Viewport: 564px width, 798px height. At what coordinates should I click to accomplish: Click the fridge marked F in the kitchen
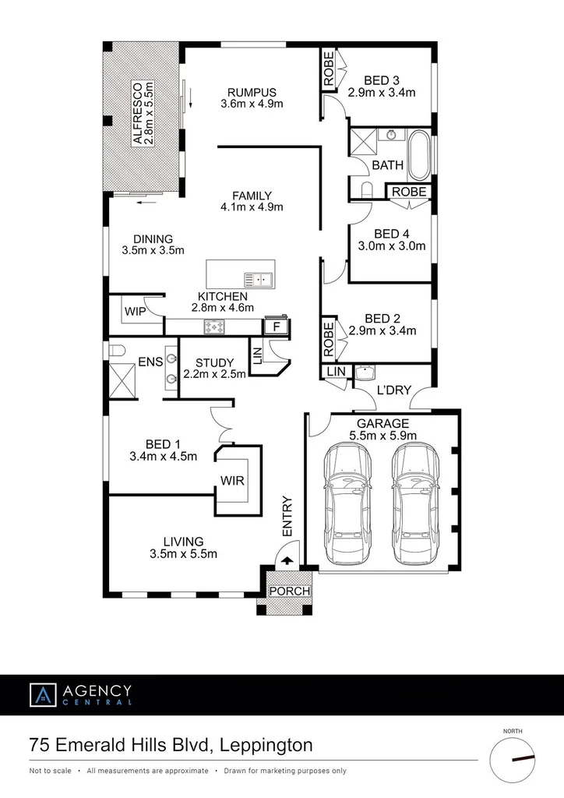276,327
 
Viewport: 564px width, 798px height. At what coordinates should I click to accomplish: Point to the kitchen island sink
257,278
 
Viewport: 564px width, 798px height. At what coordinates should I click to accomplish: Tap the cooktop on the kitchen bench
213,327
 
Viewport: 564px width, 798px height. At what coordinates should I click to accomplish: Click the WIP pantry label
134,312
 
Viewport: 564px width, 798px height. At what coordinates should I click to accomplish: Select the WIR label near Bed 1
232,481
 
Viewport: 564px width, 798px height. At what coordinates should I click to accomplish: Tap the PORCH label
289,591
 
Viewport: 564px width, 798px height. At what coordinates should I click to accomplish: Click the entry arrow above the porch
287,559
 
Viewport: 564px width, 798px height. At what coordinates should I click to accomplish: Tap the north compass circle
513,761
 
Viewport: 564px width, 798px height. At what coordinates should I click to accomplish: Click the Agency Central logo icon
43,694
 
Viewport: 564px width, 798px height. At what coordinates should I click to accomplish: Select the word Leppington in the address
265,745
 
